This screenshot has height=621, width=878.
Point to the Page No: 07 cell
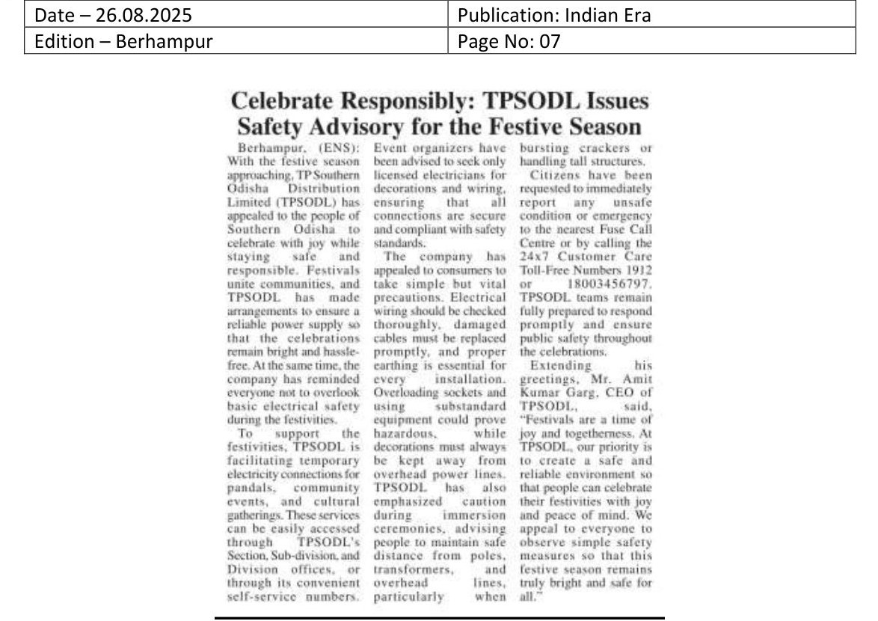pyautogui.click(x=509, y=41)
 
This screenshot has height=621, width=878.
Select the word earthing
pyautogui.click(x=396, y=365)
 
